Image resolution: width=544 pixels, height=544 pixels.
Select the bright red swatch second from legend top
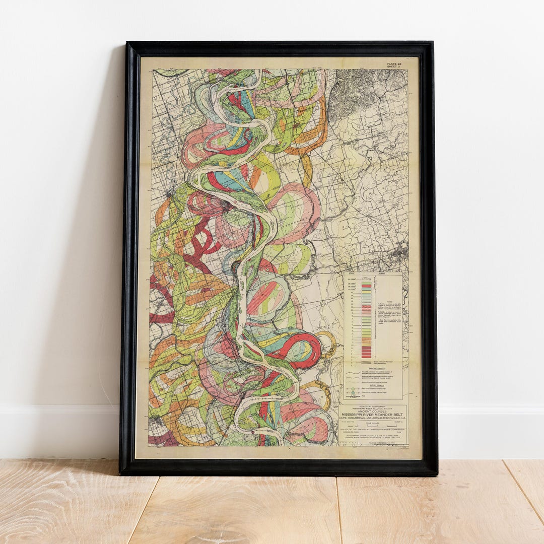pos(366,286)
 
